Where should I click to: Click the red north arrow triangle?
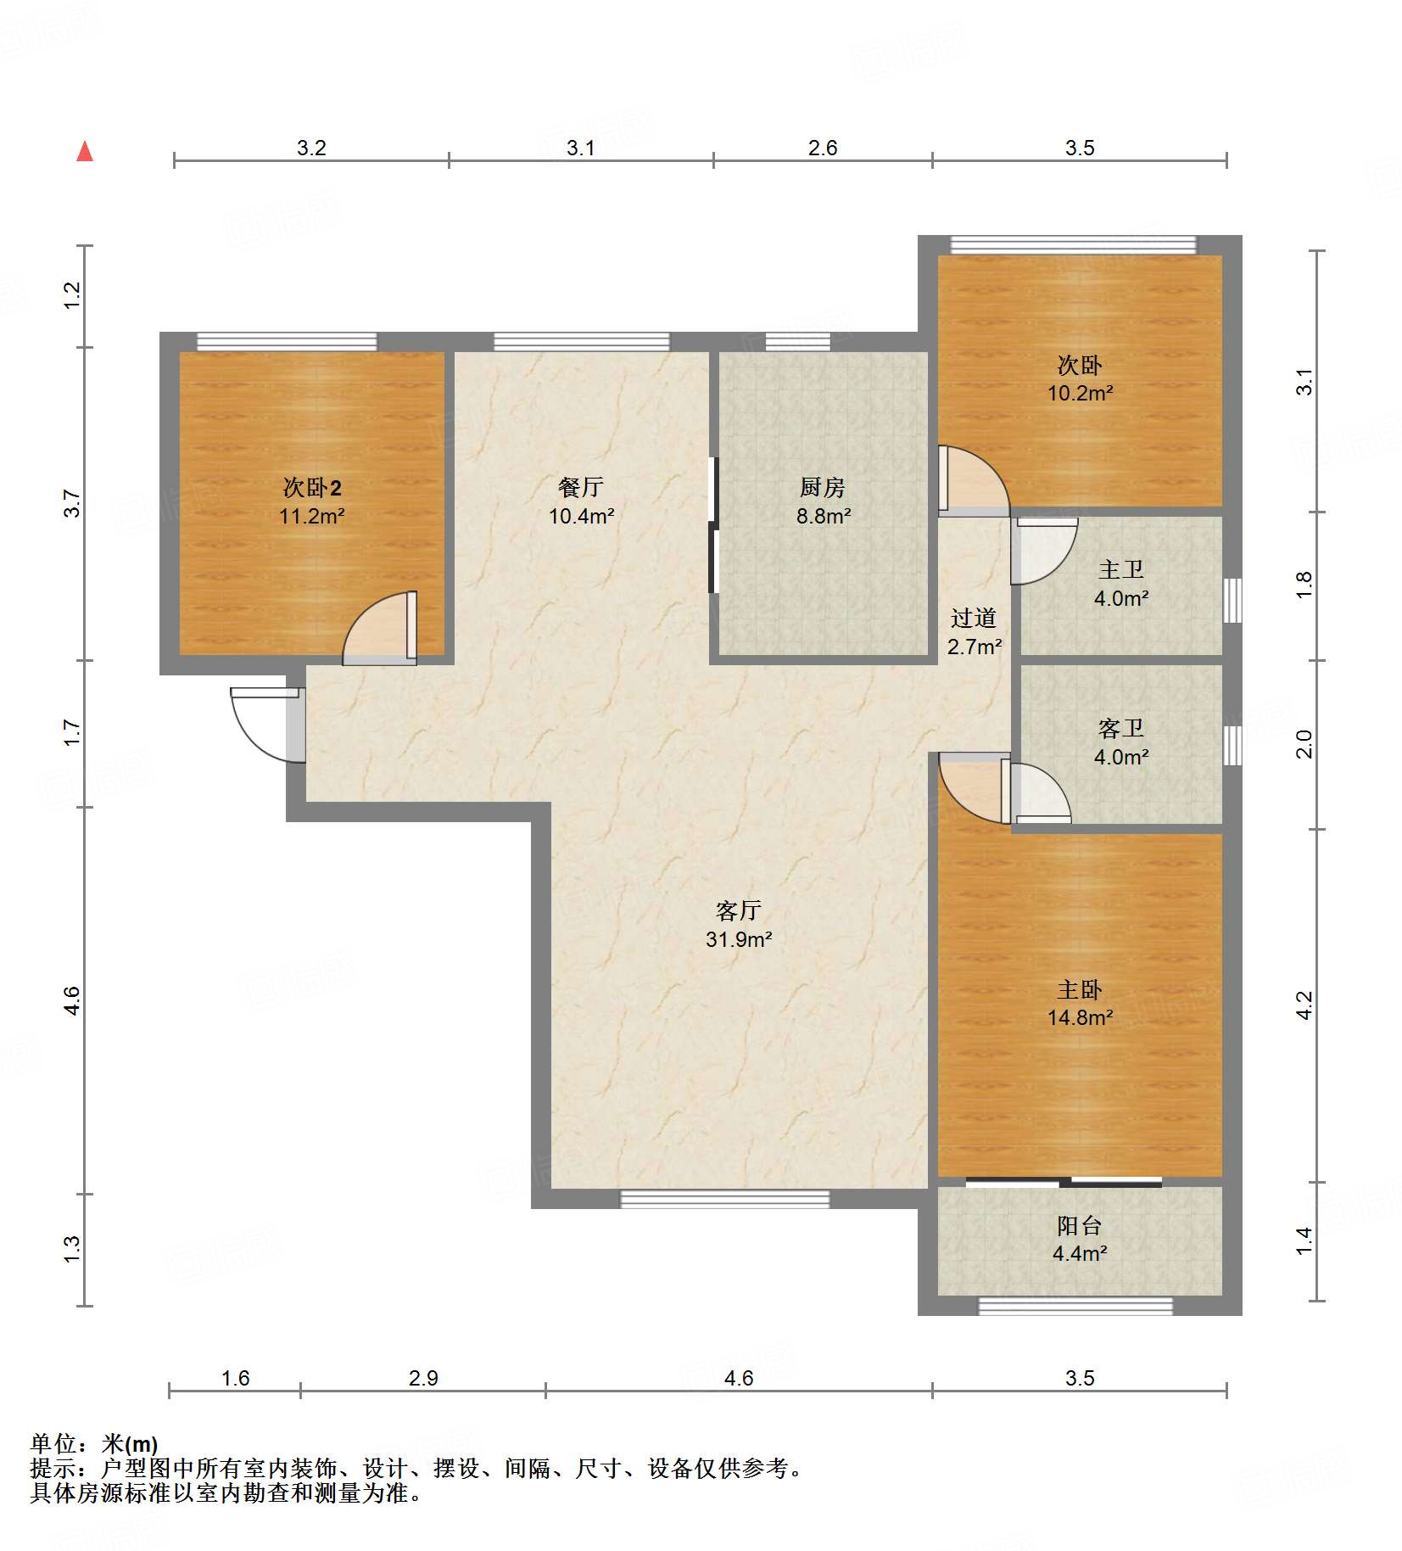click(85, 152)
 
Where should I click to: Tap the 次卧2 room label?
click(312, 488)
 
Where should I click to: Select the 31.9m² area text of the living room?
click(739, 939)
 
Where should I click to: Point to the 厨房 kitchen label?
click(823, 487)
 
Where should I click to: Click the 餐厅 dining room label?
click(581, 487)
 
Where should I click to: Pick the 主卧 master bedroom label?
click(1080, 989)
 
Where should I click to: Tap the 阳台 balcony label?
click(1080, 1225)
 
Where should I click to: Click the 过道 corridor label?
click(974, 618)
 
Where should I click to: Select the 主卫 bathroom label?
click(1121, 569)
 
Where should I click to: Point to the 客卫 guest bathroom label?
click(1121, 728)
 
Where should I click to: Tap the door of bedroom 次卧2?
click(380, 628)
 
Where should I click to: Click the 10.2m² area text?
click(1080, 393)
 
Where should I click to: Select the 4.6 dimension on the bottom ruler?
click(739, 1378)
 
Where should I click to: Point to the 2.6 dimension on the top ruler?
click(823, 148)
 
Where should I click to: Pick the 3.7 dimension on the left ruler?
click(72, 503)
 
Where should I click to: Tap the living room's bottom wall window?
click(725, 1199)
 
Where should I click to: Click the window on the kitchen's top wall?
click(798, 342)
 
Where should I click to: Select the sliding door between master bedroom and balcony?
click(1064, 1182)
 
